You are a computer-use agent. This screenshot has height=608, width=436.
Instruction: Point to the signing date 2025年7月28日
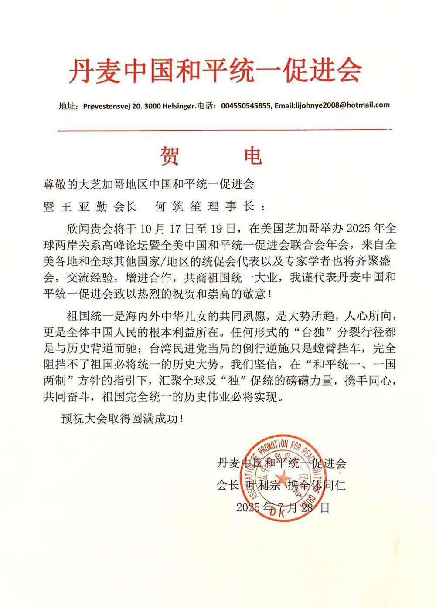(283, 507)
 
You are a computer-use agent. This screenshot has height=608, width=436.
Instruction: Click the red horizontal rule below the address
(225, 130)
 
